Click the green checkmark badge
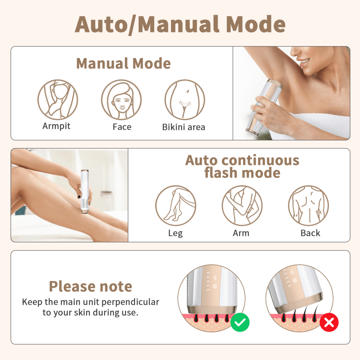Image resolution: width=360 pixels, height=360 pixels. (240, 322)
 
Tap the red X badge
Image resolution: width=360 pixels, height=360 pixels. (329, 322)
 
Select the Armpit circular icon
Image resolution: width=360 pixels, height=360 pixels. (58, 100)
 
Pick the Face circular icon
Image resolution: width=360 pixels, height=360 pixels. (121, 100)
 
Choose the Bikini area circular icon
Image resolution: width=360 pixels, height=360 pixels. (185, 100)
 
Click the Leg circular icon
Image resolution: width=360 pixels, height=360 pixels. (176, 206)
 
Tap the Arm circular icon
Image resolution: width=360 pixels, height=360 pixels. (242, 206)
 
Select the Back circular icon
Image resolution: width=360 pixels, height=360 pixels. (309, 206)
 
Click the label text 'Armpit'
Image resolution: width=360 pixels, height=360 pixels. (57, 126)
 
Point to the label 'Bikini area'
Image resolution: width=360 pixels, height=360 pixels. (184, 127)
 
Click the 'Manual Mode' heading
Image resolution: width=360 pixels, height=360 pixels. (123, 63)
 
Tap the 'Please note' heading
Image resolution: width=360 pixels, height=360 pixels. (90, 286)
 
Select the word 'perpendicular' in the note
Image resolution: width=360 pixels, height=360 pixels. (130, 302)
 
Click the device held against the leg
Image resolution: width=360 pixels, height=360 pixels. (85, 192)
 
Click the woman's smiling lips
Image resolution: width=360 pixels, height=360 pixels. (304, 62)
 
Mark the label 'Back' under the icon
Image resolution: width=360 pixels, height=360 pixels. (310, 233)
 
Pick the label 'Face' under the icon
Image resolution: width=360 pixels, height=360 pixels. (122, 127)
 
